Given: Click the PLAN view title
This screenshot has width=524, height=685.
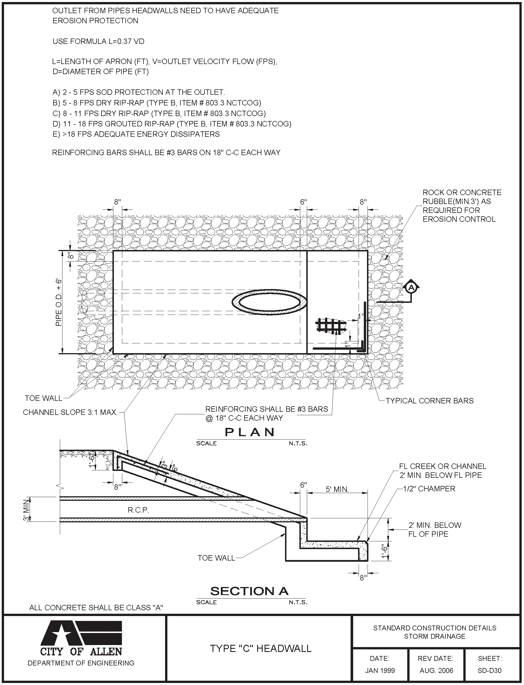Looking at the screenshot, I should (250, 432).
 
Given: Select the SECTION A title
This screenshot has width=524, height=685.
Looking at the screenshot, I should (249, 591).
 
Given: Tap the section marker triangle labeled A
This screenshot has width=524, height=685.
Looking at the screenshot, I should (411, 287).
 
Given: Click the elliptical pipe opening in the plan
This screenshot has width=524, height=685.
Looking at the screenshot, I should (269, 302).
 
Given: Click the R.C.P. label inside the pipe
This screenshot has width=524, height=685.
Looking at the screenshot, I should (138, 510).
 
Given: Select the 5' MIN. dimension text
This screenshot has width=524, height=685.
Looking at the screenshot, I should (337, 489).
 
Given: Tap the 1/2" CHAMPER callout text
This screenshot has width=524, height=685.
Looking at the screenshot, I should (429, 489).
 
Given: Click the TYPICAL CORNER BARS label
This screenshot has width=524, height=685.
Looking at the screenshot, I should (429, 401).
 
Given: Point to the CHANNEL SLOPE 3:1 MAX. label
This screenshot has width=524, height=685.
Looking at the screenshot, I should (70, 413).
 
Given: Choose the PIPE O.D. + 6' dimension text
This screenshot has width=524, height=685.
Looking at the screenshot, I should (59, 302).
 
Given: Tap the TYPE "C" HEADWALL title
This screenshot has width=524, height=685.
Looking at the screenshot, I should (261, 649).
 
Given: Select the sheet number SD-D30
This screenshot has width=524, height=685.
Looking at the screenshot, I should (489, 670).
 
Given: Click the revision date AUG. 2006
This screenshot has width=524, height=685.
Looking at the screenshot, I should (436, 670).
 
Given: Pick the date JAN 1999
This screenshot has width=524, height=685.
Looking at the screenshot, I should (380, 670).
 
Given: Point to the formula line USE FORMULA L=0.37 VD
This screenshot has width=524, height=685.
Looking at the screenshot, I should (98, 41).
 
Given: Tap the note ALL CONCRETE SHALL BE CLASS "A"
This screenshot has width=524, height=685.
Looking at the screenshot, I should (96, 608).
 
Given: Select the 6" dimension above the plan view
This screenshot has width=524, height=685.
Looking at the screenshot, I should (303, 202).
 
